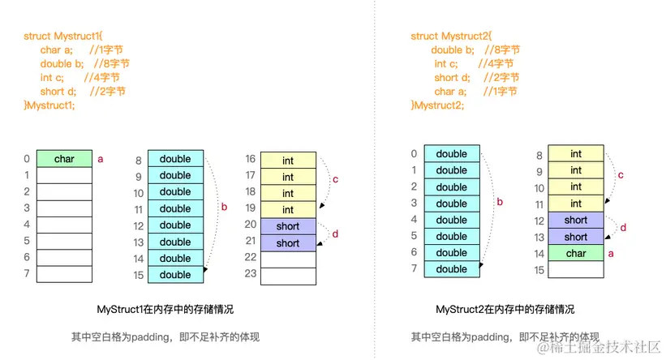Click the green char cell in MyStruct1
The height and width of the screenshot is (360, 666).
point(64,159)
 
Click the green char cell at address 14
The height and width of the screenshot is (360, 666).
point(576,253)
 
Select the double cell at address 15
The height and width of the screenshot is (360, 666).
point(175,275)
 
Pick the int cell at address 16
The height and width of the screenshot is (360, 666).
point(288,161)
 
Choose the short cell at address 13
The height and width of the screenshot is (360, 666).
point(576,237)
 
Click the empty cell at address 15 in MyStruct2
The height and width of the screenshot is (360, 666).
point(576,270)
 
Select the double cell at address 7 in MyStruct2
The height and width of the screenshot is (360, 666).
point(452,269)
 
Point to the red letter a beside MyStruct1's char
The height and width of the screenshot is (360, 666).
point(101,160)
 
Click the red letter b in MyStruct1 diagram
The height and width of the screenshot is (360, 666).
point(224,208)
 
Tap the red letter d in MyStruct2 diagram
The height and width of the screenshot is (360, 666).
point(623,229)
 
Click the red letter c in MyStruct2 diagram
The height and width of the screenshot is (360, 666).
point(621,175)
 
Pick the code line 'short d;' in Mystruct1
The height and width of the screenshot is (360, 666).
point(83,92)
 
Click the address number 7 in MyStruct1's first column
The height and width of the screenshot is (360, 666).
point(27,274)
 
